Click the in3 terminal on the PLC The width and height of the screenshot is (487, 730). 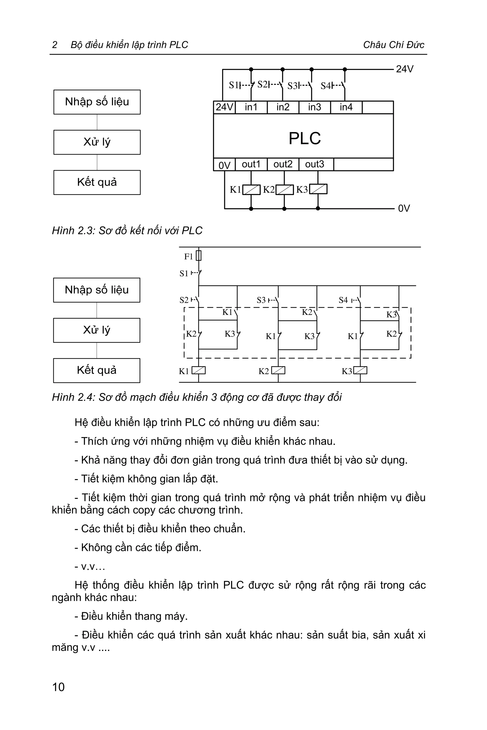314,107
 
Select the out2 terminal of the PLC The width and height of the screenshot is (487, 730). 283,164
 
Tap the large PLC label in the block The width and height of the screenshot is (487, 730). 304,138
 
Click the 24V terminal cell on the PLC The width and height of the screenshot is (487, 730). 224,107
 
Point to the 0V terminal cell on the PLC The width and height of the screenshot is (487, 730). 224,165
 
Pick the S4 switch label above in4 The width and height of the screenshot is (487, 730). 326,85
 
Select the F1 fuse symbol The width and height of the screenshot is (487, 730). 199,256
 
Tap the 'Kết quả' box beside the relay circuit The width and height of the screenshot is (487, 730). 97,370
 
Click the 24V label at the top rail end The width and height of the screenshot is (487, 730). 404,69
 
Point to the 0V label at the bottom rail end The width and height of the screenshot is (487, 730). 404,208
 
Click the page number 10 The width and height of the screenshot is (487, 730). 58,687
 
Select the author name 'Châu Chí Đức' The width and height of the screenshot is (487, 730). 394,45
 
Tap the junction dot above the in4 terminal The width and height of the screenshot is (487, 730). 345,69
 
